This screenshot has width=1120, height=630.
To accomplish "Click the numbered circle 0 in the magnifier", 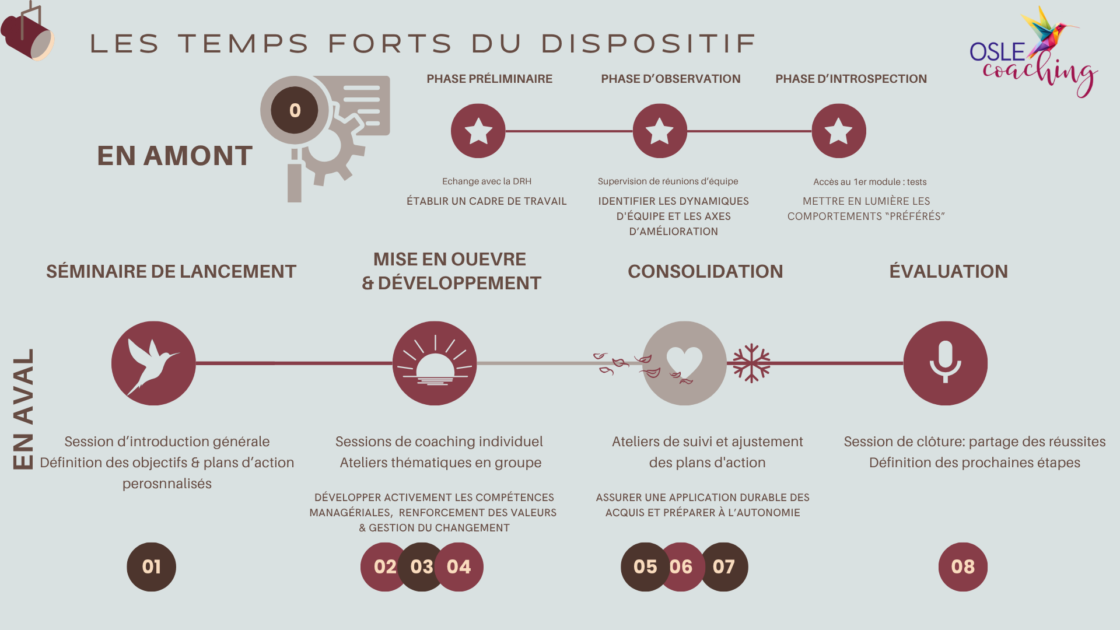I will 295,110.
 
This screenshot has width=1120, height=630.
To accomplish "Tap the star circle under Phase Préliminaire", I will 478,131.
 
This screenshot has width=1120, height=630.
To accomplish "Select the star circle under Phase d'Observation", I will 660,131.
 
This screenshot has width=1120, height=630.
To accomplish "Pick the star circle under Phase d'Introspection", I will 838,131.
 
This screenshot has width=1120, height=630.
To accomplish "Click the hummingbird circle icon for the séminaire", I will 153,363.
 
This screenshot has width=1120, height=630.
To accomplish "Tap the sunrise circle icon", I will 435,363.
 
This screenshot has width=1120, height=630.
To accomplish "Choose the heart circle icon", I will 684,363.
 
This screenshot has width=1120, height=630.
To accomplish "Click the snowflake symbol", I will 751,363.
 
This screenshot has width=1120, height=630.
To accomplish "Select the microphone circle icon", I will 945,363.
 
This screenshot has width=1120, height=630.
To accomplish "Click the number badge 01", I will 151,566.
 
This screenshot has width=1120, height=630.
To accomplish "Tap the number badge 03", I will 421,566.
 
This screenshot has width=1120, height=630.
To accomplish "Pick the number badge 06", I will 681,566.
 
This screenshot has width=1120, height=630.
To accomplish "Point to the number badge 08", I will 963,566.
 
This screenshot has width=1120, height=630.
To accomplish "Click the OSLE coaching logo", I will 1032,55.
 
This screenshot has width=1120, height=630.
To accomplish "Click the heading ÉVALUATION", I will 949,271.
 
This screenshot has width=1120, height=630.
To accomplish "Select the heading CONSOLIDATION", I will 705,271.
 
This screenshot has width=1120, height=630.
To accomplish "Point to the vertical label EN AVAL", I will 23,408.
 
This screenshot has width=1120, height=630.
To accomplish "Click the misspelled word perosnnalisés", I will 167,484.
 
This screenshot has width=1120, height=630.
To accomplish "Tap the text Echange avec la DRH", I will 487,181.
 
